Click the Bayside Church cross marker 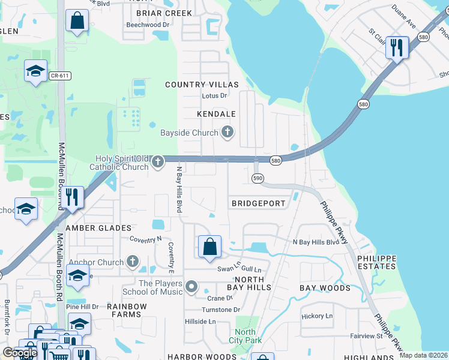tap(227, 133)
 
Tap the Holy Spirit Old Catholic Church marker tap(158, 161)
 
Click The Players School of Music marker tap(191, 287)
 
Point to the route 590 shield tap(258, 178)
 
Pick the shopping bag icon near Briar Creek tap(77, 21)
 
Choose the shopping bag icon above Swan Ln tap(209, 247)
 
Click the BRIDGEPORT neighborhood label tap(259, 203)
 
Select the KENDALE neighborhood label tap(216, 113)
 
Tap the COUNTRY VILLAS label tap(202, 85)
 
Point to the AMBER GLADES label tap(98, 228)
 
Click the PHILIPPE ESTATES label tap(377, 262)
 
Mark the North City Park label tap(245, 336)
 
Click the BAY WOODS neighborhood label tap(325, 288)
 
